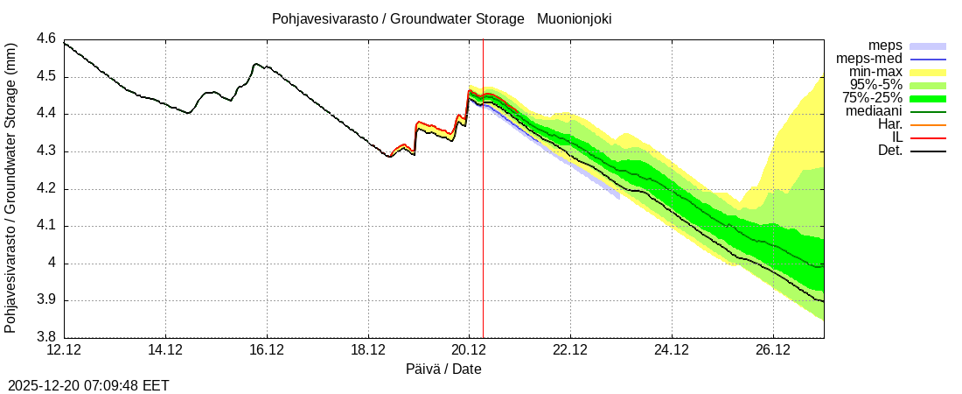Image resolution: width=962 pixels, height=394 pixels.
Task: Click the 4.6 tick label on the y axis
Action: pyautogui.click(x=45, y=39)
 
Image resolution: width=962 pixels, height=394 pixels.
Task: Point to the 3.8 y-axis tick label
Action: pyautogui.click(x=45, y=338)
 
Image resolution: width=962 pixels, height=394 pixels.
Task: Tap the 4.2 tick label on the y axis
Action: pyautogui.click(x=45, y=189)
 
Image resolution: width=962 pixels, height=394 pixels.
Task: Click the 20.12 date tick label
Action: pyautogui.click(x=470, y=350)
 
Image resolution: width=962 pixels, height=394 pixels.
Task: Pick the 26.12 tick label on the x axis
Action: pyautogui.click(x=773, y=350)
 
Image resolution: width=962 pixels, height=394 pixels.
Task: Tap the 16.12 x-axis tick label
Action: pyautogui.click(x=267, y=350)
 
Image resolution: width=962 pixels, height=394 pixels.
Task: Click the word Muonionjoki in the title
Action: pyautogui.click(x=574, y=18)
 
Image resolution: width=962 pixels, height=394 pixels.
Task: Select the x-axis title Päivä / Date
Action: pyautogui.click(x=443, y=369)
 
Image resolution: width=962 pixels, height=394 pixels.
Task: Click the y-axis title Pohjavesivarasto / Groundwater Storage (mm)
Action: pyautogui.click(x=11, y=188)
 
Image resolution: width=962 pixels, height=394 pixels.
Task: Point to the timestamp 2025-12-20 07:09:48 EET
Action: pyautogui.click(x=88, y=385)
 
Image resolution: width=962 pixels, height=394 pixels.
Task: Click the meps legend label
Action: pyautogui.click(x=885, y=46)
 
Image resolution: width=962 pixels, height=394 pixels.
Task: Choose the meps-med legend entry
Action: pyautogui.click(x=869, y=59)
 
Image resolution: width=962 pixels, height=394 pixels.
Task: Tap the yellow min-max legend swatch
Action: pyautogui.click(x=928, y=72)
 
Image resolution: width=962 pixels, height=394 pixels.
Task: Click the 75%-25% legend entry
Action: pyautogui.click(x=873, y=98)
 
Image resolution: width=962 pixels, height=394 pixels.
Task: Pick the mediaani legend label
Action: pyautogui.click(x=874, y=111)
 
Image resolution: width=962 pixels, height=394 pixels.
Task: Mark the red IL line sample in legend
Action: pyautogui.click(x=928, y=137)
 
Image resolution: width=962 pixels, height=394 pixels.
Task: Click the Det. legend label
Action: pyautogui.click(x=889, y=151)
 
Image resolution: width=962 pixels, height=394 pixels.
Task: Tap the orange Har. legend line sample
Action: pyautogui.click(x=928, y=124)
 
